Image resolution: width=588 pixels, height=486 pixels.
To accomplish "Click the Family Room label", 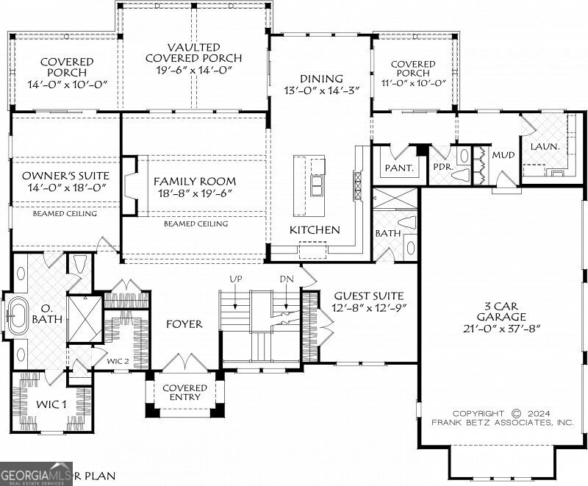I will point(195,181).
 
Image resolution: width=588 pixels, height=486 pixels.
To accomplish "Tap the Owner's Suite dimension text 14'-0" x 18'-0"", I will point(65,187).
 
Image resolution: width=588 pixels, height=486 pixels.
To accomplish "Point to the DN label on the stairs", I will point(286,280).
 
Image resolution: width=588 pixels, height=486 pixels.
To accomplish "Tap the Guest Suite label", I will point(365,295).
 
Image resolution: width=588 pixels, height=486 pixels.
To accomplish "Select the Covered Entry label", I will point(184,393).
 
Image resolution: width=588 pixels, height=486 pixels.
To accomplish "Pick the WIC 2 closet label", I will point(118,361).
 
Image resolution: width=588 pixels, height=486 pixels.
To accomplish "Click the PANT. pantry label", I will point(399,168).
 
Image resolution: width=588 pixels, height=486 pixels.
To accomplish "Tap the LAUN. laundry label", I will point(545,146).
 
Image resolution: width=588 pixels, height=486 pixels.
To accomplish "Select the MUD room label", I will point(503,155).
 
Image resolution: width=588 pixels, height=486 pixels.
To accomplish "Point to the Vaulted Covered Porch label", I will point(194,57).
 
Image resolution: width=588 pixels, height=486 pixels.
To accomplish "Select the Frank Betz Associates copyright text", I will point(502,418).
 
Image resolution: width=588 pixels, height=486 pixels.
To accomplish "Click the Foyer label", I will point(184,324).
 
